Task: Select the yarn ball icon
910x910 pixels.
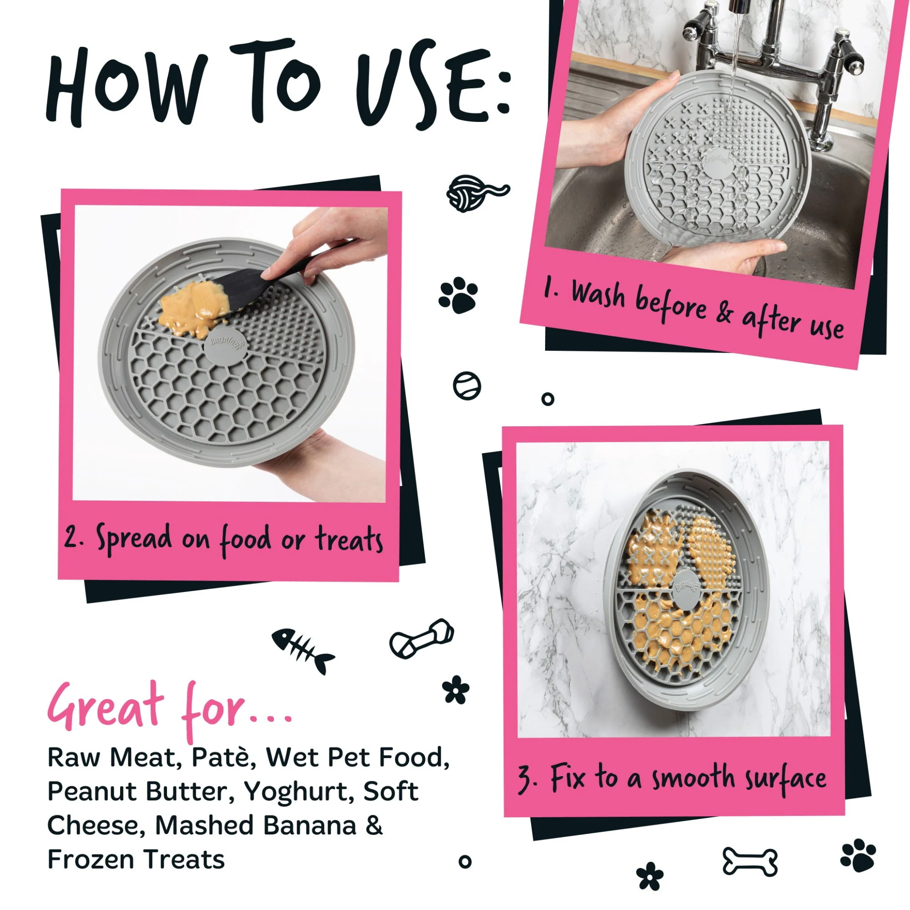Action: (477, 193)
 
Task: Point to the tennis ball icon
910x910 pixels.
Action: (467, 386)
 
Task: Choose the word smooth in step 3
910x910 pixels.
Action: (693, 778)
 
